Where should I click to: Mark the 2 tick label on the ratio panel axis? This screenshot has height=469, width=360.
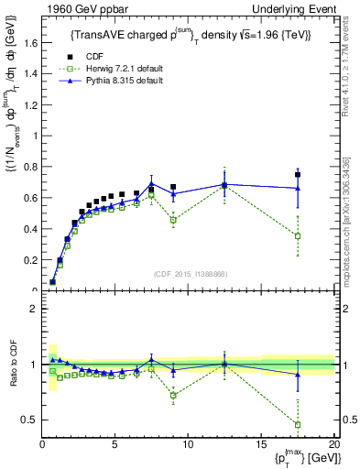[34, 309]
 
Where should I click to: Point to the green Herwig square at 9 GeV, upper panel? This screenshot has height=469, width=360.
[173, 220]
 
